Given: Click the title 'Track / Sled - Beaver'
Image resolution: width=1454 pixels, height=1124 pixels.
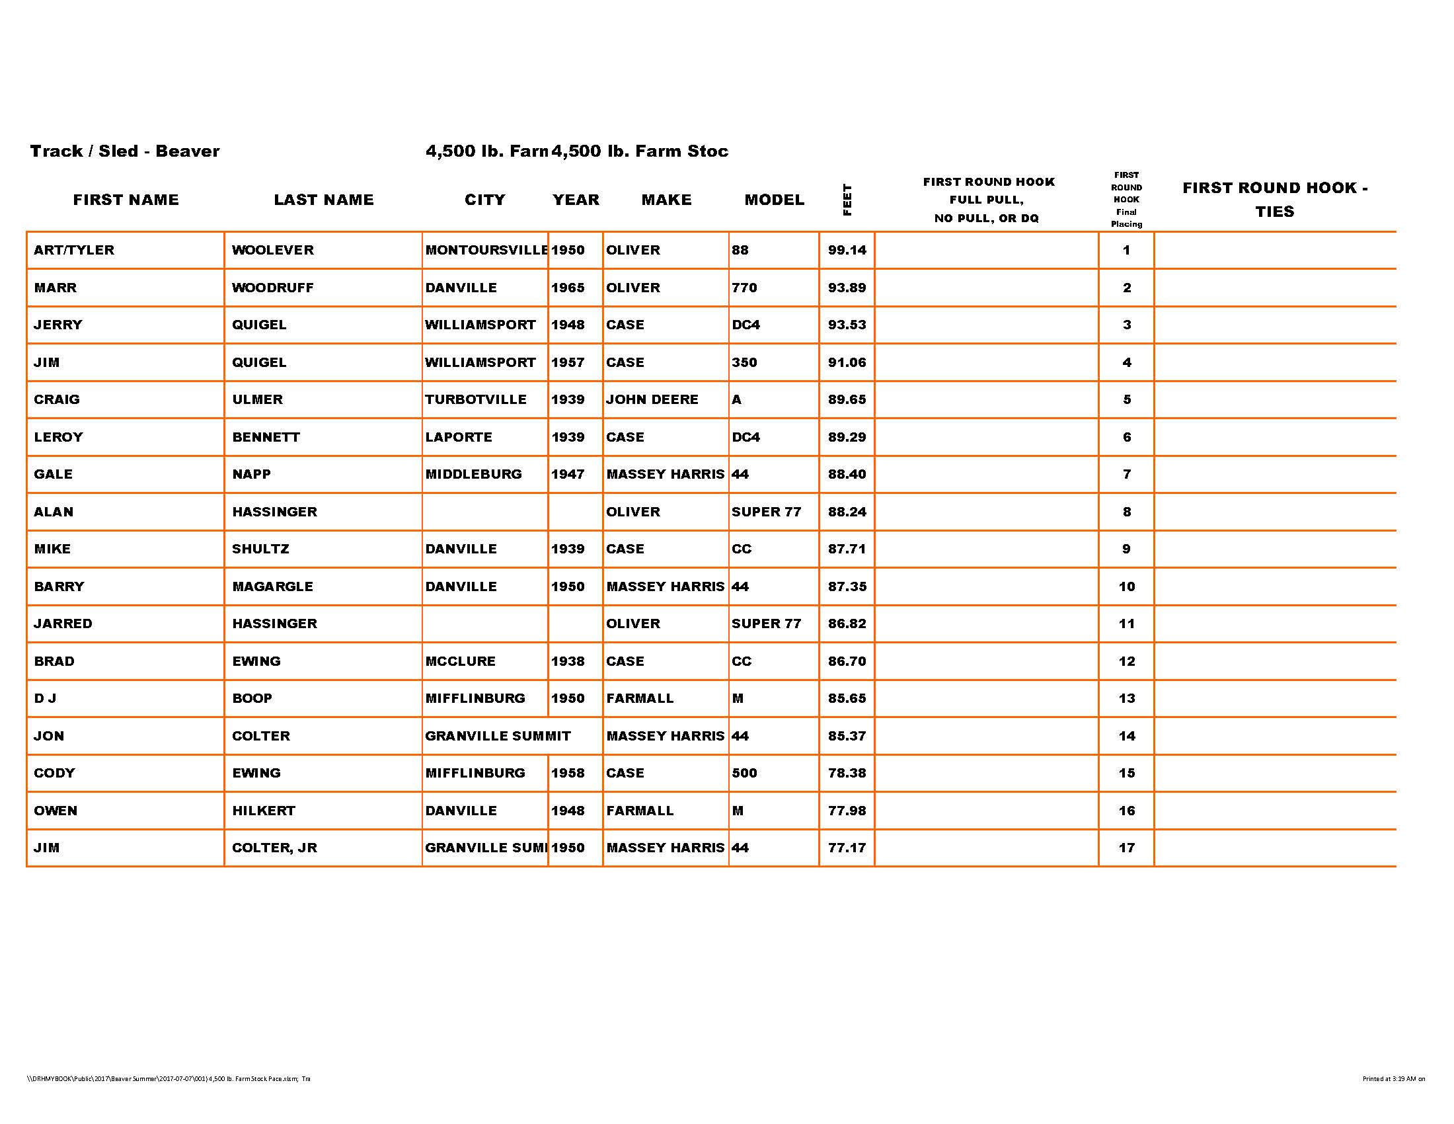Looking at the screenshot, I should click(124, 151).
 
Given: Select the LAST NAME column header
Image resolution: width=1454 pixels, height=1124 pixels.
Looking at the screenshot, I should click(324, 200).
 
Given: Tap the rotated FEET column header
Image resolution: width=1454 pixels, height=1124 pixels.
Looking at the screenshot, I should click(847, 200).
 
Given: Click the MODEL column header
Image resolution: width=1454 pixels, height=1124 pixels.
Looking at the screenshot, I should click(775, 200).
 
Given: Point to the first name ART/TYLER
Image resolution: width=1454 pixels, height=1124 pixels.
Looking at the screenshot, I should click(74, 251).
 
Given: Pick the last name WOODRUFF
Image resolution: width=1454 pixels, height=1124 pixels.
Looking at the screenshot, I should click(272, 288).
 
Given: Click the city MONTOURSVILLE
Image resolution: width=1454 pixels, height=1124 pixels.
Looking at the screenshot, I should click(486, 251).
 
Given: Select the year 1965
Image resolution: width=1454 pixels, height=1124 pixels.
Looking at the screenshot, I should click(568, 288).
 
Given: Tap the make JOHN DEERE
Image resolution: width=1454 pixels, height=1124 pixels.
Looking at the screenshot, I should click(652, 399).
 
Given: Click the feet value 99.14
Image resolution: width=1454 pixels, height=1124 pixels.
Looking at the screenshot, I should click(847, 251).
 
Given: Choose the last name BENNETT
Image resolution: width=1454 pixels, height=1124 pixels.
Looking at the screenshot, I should click(266, 438).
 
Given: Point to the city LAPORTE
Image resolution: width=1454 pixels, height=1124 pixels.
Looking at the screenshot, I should click(459, 438).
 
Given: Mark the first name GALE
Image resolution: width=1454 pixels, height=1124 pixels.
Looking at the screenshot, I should click(54, 475).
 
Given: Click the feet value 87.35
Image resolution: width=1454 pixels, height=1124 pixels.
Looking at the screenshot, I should click(847, 586).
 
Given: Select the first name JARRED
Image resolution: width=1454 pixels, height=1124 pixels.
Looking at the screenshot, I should click(63, 624).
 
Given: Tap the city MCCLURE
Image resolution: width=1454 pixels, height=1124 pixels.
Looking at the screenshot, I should click(460, 661).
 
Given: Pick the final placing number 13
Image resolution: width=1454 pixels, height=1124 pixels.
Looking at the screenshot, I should click(1126, 698).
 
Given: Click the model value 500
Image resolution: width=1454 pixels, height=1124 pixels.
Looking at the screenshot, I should click(744, 773).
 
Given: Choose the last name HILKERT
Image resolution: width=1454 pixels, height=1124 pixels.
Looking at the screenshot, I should click(264, 811).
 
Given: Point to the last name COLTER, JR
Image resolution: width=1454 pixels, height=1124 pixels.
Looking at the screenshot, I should click(274, 848).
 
